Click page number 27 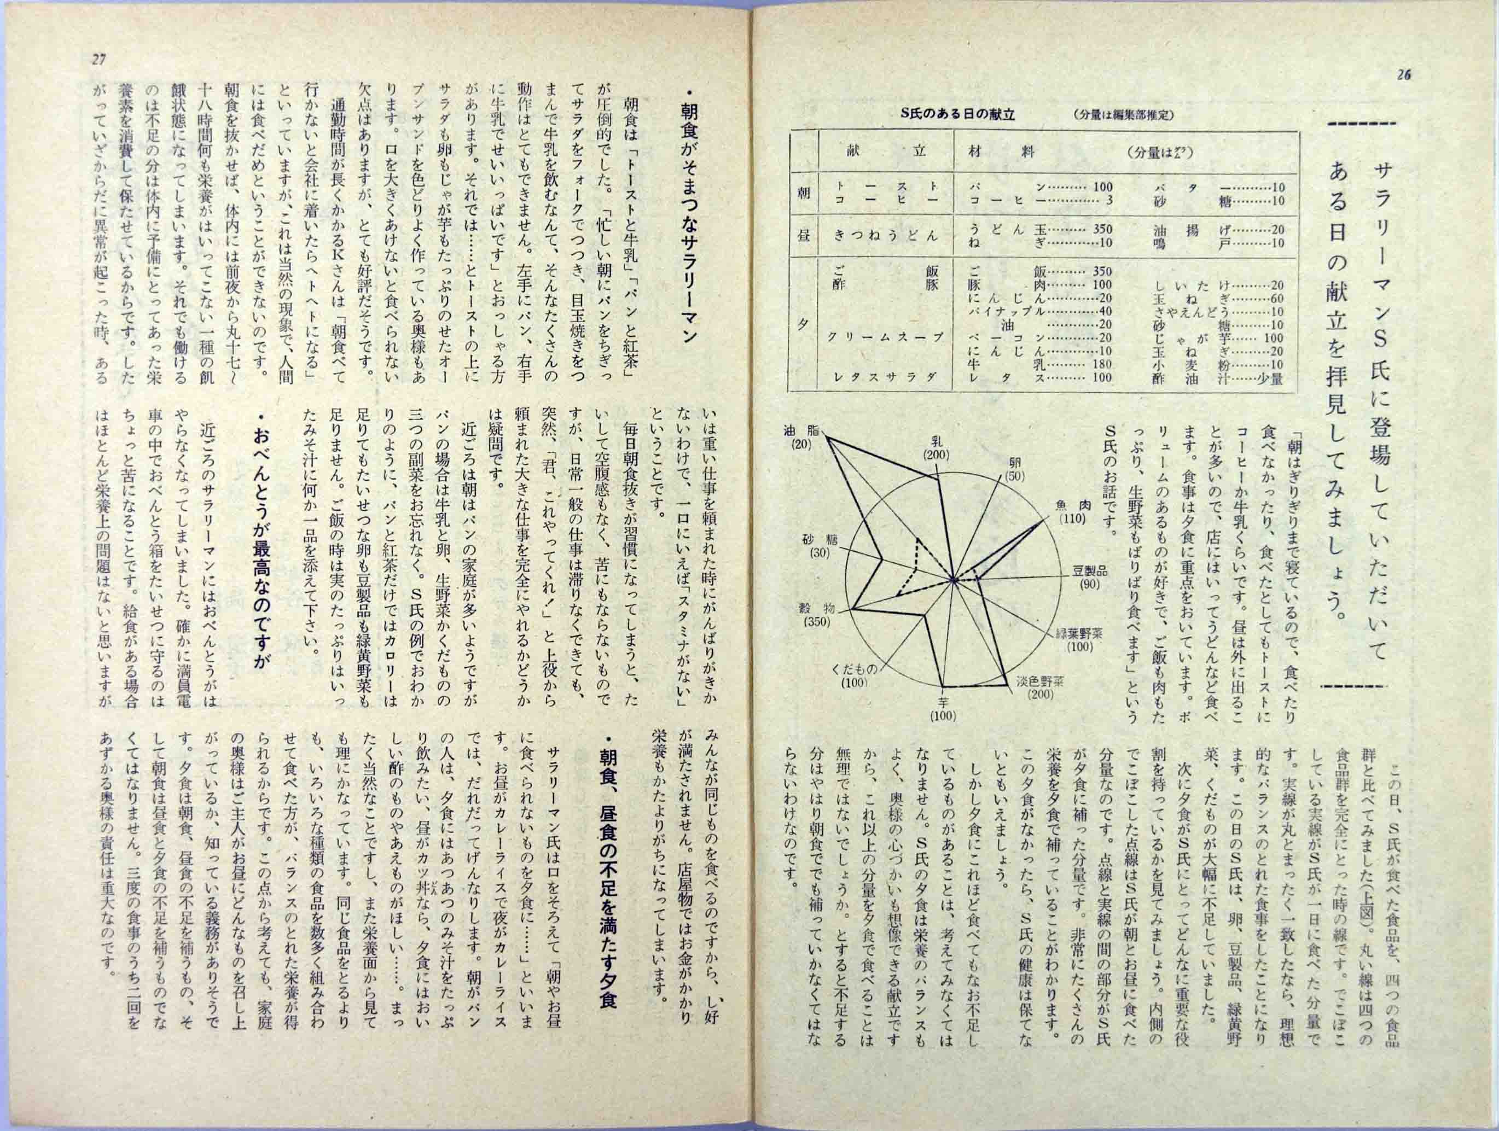click(99, 60)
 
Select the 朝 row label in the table click(803, 194)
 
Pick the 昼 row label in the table click(803, 236)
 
